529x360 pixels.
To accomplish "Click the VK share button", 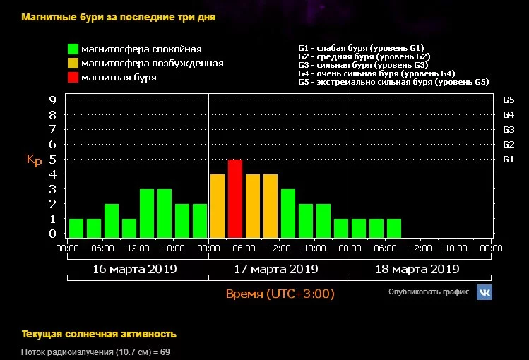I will point(484,292).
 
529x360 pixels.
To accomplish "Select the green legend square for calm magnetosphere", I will point(73,49).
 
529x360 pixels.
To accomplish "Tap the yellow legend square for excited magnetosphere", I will point(73,64).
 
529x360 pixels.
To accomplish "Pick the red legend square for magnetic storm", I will point(73,78).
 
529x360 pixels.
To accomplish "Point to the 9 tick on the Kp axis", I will point(52,100).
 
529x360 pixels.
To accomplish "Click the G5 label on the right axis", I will point(508,100).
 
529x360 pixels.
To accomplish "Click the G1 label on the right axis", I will point(508,160).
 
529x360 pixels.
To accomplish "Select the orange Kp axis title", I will point(35,160).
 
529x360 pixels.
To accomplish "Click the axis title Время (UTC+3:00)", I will point(280,294).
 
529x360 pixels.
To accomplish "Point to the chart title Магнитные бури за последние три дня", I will point(118,17).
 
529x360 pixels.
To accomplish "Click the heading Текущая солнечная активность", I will point(99,334).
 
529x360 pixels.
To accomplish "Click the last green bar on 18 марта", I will point(394,228).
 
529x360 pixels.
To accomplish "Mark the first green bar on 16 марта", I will point(76,228).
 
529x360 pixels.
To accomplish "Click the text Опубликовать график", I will point(428,292).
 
